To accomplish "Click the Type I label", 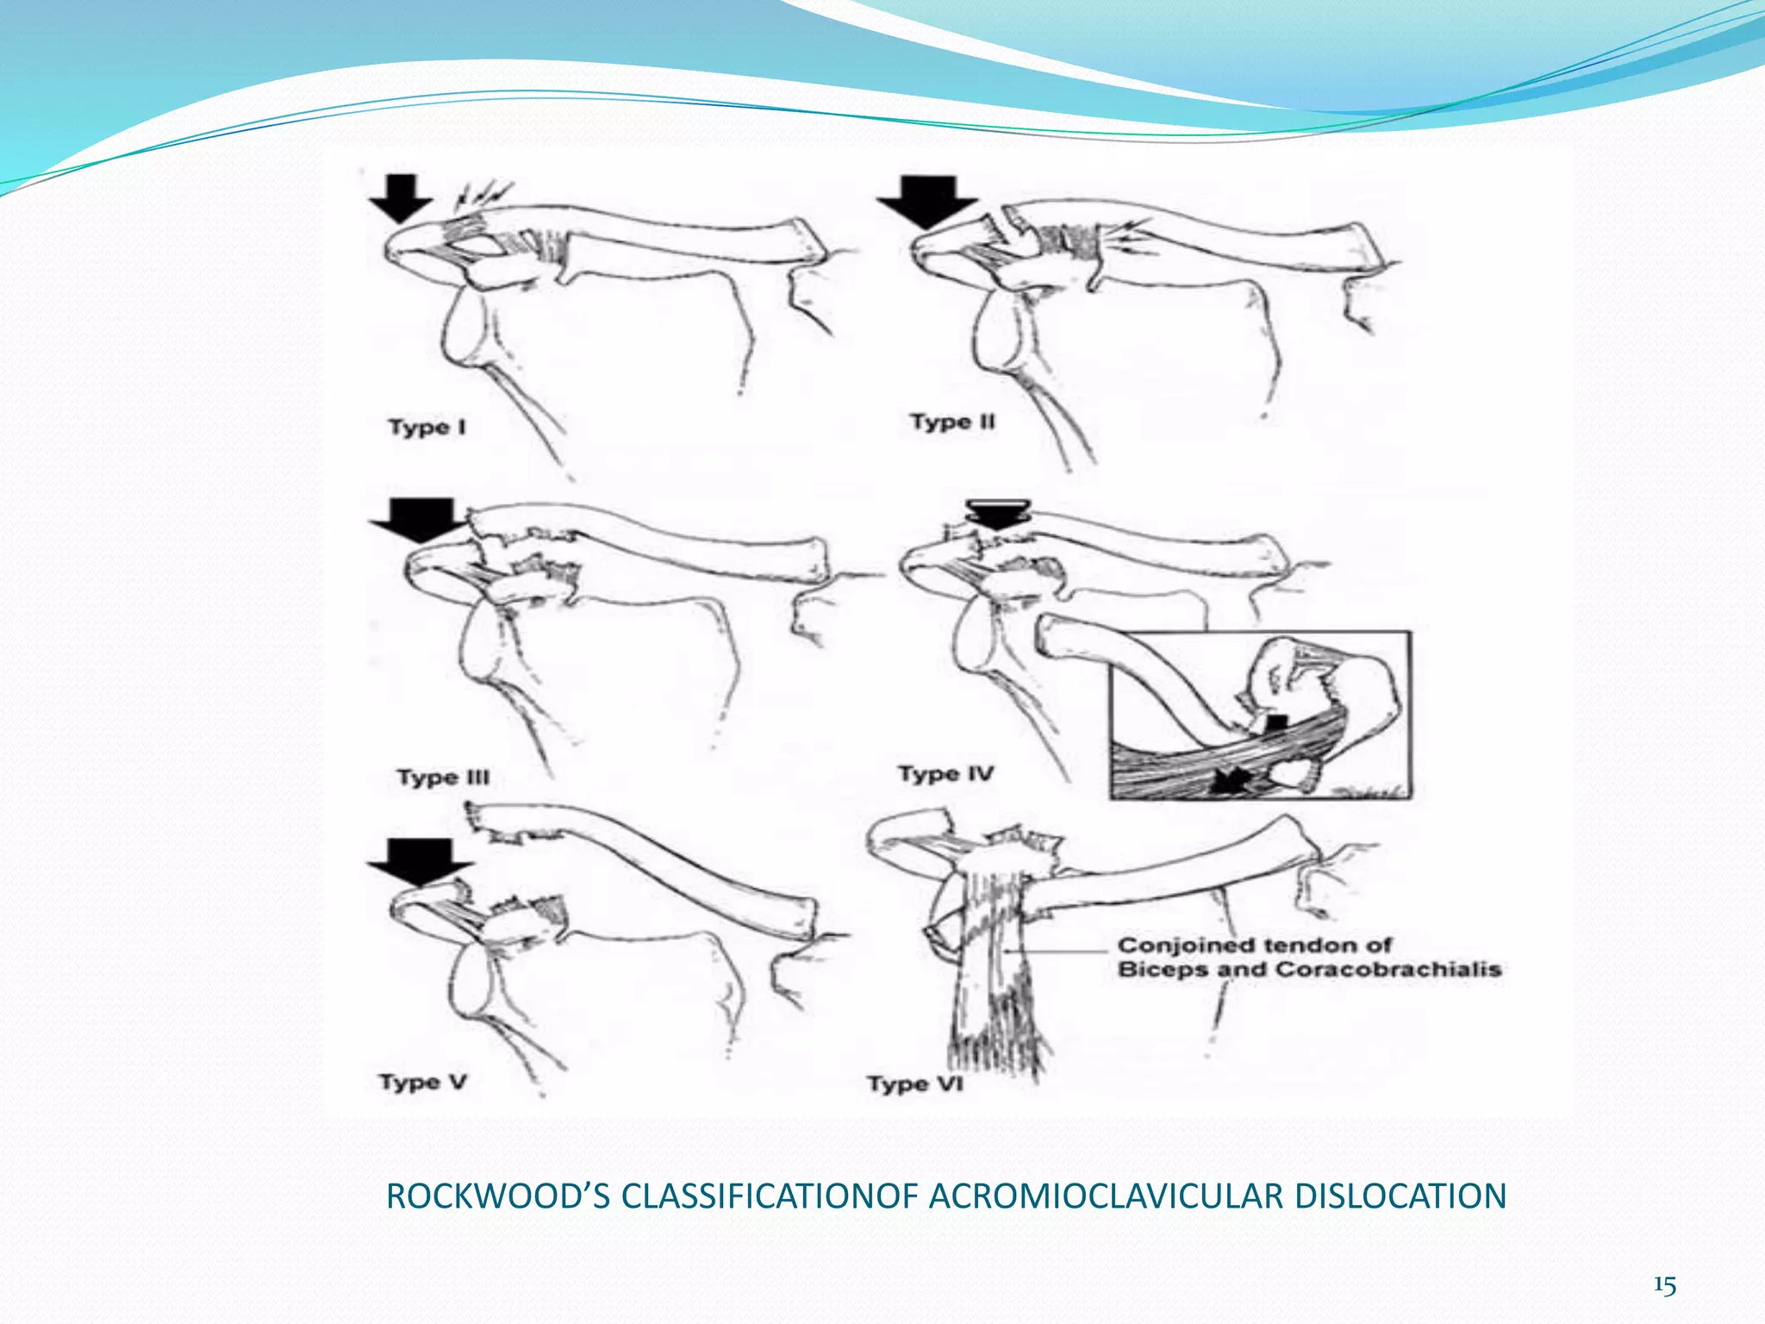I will (x=427, y=427).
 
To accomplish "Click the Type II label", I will (x=952, y=422).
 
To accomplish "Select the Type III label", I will (x=443, y=778).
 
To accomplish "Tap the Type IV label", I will (x=945, y=773).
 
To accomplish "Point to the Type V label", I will (x=423, y=1082).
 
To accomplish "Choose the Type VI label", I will (x=914, y=1084).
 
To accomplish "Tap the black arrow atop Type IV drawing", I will (x=998, y=515).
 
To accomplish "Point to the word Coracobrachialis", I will (x=1388, y=970).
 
